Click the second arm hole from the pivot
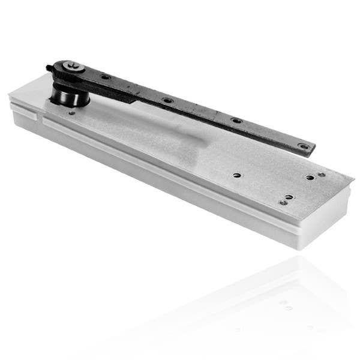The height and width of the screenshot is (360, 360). (x=167, y=100)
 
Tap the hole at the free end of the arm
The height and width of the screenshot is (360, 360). (x=304, y=146)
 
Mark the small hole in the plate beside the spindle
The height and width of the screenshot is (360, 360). (x=73, y=112)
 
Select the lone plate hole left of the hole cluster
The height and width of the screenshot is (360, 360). (x=238, y=176)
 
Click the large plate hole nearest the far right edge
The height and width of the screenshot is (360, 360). (x=310, y=178)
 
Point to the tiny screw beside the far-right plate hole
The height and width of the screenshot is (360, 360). (x=321, y=175)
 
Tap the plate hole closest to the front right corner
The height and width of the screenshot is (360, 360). (x=289, y=197)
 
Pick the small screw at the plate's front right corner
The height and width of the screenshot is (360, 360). (x=282, y=203)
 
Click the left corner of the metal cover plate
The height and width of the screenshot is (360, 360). (x=10, y=95)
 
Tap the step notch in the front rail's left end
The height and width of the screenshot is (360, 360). (x=43, y=117)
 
